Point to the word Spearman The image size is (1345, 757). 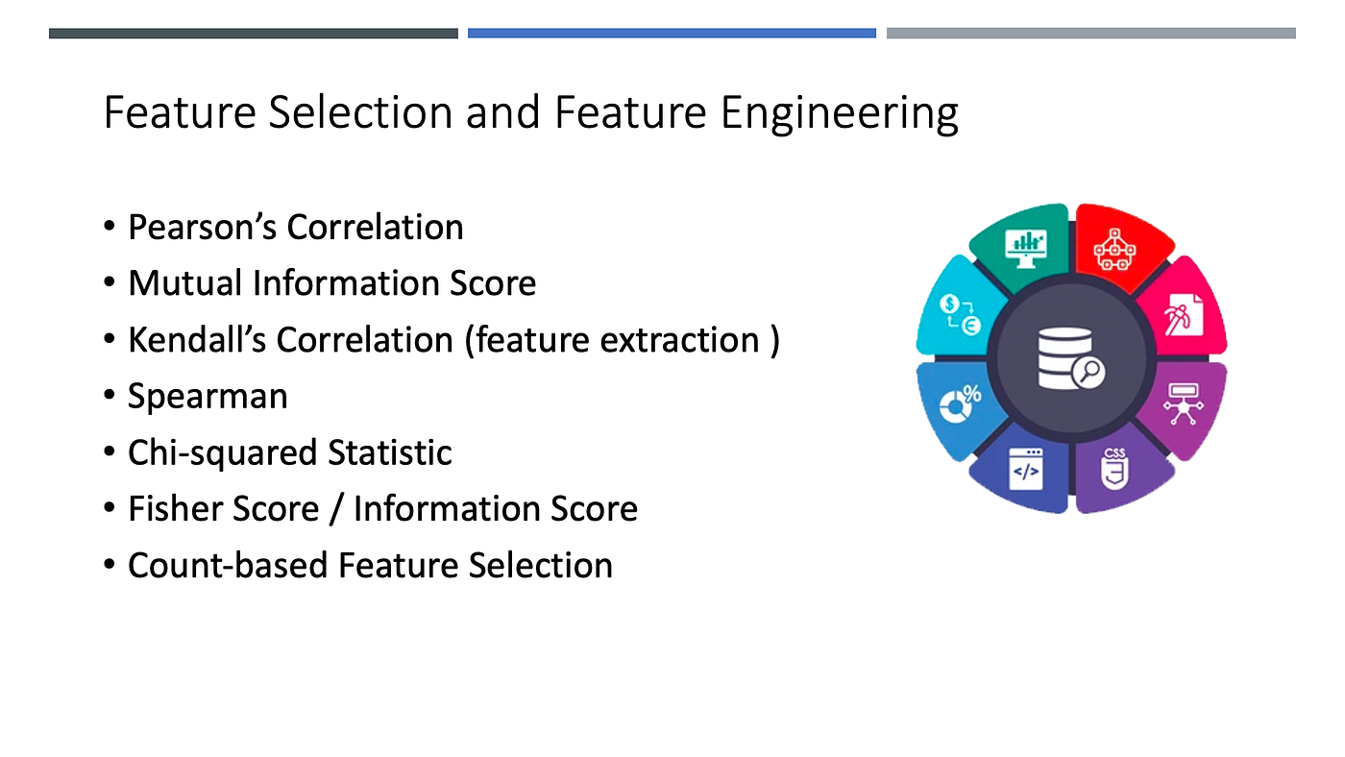pos(208,396)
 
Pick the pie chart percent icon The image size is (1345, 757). pos(960,403)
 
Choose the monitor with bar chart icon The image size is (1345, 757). pos(1025,246)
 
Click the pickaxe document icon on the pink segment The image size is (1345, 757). pos(1179,313)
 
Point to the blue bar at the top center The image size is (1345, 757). pos(672,34)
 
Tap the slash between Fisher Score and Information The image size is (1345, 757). pos(336,509)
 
